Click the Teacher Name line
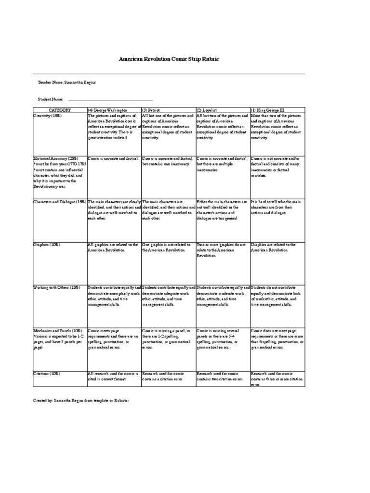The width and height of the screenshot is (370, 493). click(x=67, y=82)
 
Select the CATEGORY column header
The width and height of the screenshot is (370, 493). click(x=60, y=110)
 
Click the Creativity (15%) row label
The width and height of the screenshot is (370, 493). click(x=48, y=116)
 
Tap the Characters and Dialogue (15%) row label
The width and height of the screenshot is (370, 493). click(x=59, y=201)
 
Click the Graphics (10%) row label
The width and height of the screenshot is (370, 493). click(x=47, y=245)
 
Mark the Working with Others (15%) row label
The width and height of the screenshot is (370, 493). click(x=56, y=287)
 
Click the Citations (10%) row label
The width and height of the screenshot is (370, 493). click(x=47, y=373)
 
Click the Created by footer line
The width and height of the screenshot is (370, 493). click(x=81, y=400)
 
